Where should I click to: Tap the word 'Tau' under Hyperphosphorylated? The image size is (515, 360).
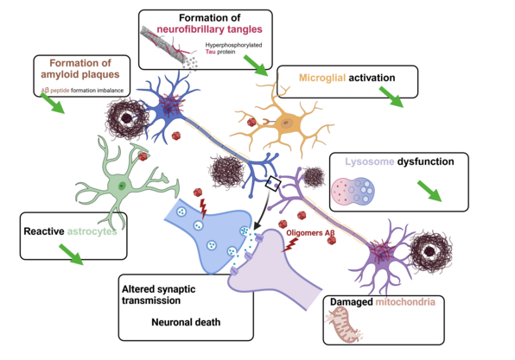[210, 52]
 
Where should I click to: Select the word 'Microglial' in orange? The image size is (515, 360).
[322, 78]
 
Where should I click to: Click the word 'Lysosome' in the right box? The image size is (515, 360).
[370, 161]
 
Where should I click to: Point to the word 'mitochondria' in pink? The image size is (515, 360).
[405, 301]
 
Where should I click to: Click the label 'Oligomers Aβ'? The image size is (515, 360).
[310, 233]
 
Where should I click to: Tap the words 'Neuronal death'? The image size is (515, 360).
[186, 322]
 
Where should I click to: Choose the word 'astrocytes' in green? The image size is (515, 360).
[92, 231]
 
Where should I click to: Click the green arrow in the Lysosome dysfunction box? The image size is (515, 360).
[429, 191]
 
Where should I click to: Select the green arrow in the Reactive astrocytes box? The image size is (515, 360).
[71, 254]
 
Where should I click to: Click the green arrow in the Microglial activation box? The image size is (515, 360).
[391, 97]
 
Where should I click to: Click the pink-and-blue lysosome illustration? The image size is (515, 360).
[353, 190]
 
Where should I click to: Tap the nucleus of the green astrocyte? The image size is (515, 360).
[122, 186]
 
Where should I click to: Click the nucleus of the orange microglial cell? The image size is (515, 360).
[287, 123]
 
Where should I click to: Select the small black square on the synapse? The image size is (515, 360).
[273, 184]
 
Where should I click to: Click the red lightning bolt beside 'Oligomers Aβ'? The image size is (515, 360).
[290, 245]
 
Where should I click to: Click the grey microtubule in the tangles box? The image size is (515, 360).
[163, 46]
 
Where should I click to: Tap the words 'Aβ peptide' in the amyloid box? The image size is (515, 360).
[55, 91]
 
